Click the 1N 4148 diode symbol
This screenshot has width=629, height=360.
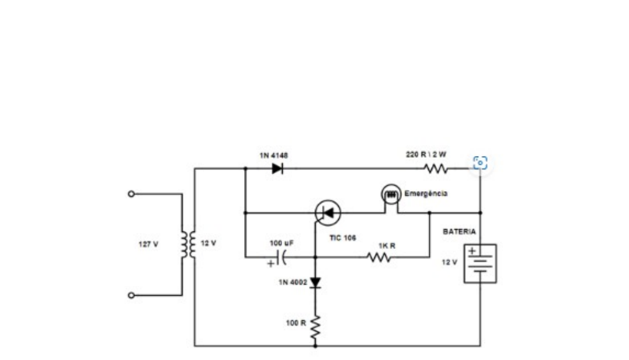tap(277, 168)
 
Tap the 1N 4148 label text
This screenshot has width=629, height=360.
tap(273, 155)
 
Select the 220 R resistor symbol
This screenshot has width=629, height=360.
tap(436, 168)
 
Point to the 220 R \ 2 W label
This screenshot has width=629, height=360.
tap(426, 154)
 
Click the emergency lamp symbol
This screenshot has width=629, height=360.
tap(391, 195)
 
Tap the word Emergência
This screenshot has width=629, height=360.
tap(426, 193)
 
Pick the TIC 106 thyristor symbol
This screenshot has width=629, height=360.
tap(328, 213)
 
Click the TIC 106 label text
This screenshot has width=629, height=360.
tap(343, 238)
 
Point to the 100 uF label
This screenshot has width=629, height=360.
tap(282, 243)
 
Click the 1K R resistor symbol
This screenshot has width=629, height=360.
tap(379, 257)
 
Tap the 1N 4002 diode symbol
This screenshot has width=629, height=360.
tap(315, 282)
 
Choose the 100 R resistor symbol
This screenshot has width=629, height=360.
tap(315, 327)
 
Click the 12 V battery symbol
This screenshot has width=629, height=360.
tap(480, 263)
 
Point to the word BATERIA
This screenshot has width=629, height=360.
tap(459, 231)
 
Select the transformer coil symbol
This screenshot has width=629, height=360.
tap(187, 244)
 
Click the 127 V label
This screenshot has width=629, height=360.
tap(148, 244)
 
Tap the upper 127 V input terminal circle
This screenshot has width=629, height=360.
tap(131, 194)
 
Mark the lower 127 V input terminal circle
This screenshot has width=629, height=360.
tap(131, 295)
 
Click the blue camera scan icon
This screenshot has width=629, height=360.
tap(480, 163)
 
